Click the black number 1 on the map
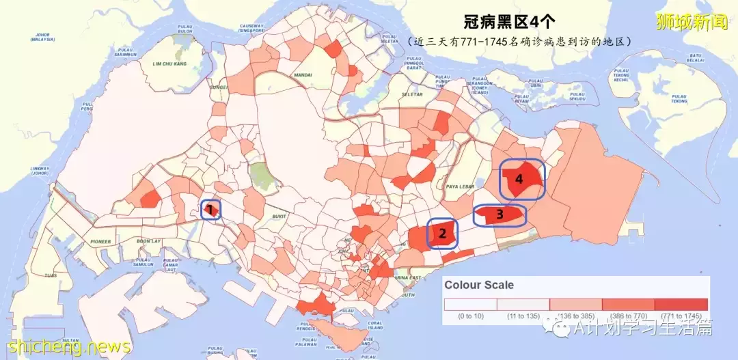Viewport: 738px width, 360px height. (211, 208)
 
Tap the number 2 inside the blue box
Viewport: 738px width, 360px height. (443, 234)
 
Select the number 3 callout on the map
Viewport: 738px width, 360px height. (500, 215)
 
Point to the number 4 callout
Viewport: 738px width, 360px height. (519, 179)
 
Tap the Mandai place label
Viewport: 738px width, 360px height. (302, 75)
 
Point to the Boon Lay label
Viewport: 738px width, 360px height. (148, 241)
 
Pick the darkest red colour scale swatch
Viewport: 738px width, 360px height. (681, 304)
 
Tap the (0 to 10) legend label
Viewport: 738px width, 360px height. (471, 316)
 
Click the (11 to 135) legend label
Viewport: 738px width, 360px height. (523, 316)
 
